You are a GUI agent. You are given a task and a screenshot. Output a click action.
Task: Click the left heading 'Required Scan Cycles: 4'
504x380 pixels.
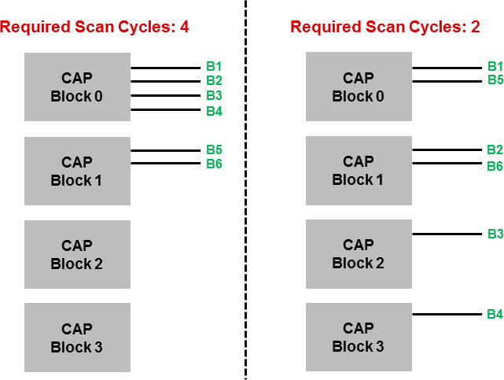[x=94, y=28]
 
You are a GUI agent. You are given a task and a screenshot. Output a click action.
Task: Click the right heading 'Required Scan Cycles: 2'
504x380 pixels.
[x=384, y=28]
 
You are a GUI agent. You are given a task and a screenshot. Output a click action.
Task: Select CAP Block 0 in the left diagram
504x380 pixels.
[x=77, y=87]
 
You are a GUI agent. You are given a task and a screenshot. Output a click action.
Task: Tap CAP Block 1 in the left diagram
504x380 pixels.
[x=77, y=171]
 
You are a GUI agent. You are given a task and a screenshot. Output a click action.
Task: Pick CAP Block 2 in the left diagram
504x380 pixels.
[x=77, y=254]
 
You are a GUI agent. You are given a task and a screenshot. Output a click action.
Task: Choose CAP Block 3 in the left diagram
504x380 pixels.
[x=77, y=338]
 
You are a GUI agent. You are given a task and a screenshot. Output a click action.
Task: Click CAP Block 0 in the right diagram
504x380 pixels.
[x=359, y=87]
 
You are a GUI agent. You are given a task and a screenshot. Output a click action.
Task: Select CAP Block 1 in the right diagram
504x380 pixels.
[x=359, y=170]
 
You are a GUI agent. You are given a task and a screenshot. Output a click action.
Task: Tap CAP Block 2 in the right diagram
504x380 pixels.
[x=359, y=253]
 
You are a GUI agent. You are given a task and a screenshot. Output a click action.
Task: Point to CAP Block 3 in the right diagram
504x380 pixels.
[x=359, y=337]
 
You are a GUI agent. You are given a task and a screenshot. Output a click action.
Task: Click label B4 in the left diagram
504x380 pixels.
[x=214, y=111]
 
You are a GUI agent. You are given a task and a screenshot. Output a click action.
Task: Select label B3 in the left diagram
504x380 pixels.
[x=214, y=95]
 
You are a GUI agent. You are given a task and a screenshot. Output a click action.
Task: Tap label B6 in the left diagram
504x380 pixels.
[x=214, y=164]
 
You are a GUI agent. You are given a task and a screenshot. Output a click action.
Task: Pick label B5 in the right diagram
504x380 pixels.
[x=495, y=80]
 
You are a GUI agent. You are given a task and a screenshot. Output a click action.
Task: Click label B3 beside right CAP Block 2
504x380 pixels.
[x=495, y=234]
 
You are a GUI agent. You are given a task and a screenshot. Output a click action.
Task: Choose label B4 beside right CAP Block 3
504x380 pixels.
[x=495, y=315]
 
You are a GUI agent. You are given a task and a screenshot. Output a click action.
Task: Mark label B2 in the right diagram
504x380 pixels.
[x=495, y=149]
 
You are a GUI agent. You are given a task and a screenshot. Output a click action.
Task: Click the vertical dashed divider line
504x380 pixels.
[x=245, y=189]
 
